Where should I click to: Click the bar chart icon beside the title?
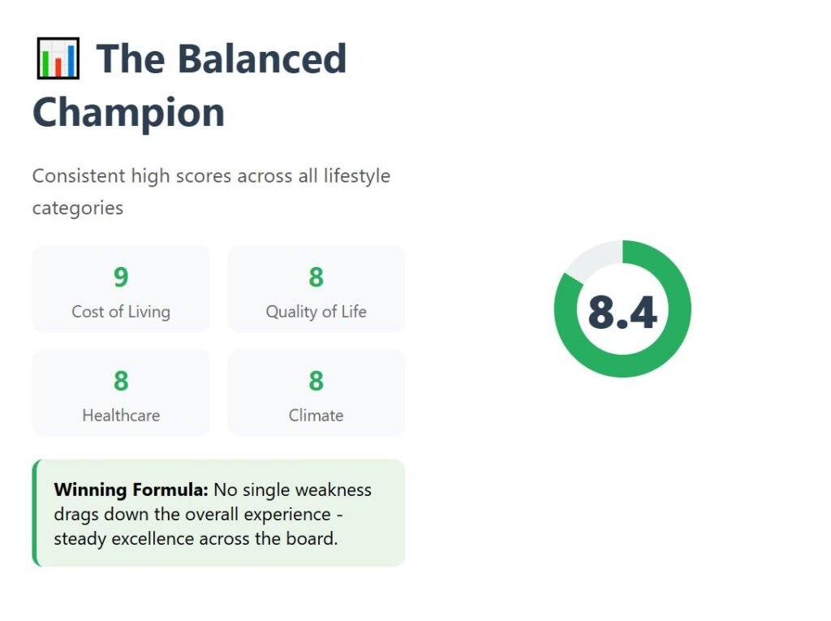coord(58,58)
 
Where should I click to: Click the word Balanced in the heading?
coord(262,58)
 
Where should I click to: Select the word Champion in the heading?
coord(129,113)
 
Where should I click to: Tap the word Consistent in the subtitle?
coord(79,175)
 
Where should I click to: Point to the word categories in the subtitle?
coord(78,208)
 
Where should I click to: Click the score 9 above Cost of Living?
coord(121,277)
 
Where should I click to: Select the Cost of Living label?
coord(121,311)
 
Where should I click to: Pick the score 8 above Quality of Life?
coord(316,277)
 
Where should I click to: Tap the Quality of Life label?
coord(316,311)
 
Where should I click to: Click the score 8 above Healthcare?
coord(121,380)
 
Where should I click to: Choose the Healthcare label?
coord(121,416)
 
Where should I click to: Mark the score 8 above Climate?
coord(316,380)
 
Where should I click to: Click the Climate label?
coord(316,416)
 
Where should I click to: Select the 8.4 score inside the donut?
coord(622,313)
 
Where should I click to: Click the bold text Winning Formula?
coord(131,489)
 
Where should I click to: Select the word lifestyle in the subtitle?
coord(357,175)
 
